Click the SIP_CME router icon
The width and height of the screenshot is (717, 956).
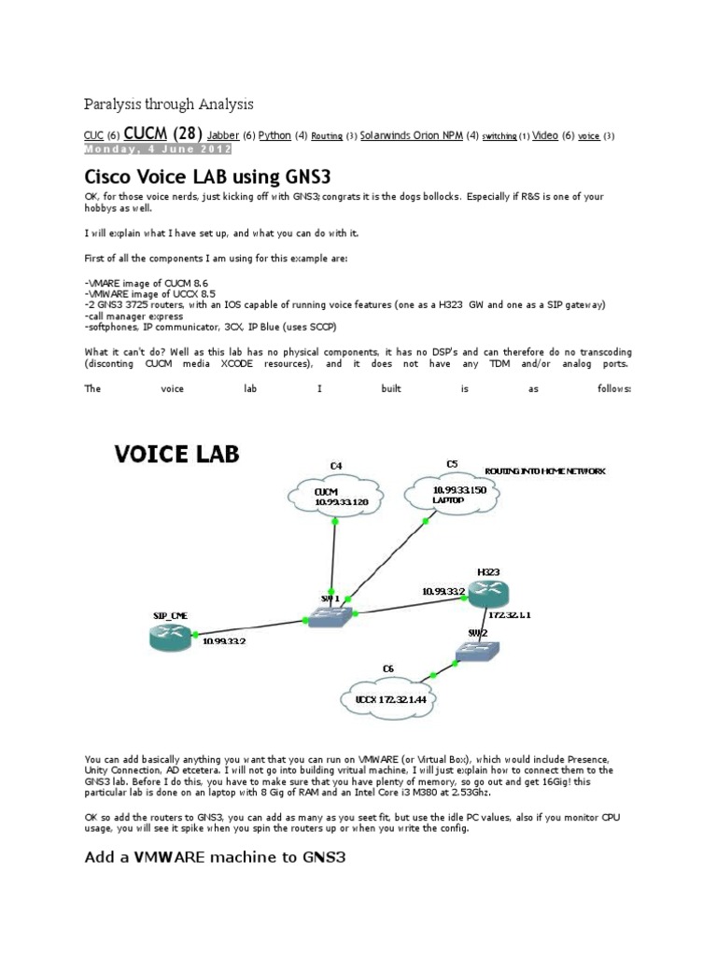pos(171,639)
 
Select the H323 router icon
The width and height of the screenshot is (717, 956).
pos(490,592)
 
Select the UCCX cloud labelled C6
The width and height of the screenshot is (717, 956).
pos(389,697)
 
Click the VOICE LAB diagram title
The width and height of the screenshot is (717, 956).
pos(176,455)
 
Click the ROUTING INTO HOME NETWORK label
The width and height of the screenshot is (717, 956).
pos(543,471)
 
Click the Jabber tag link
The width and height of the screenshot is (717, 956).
pos(223,135)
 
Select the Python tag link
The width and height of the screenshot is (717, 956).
pos(274,135)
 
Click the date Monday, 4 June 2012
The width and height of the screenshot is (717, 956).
pos(157,148)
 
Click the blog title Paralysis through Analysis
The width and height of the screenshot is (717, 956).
pos(169,104)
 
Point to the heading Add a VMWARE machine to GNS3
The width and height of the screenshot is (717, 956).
pos(215,855)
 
